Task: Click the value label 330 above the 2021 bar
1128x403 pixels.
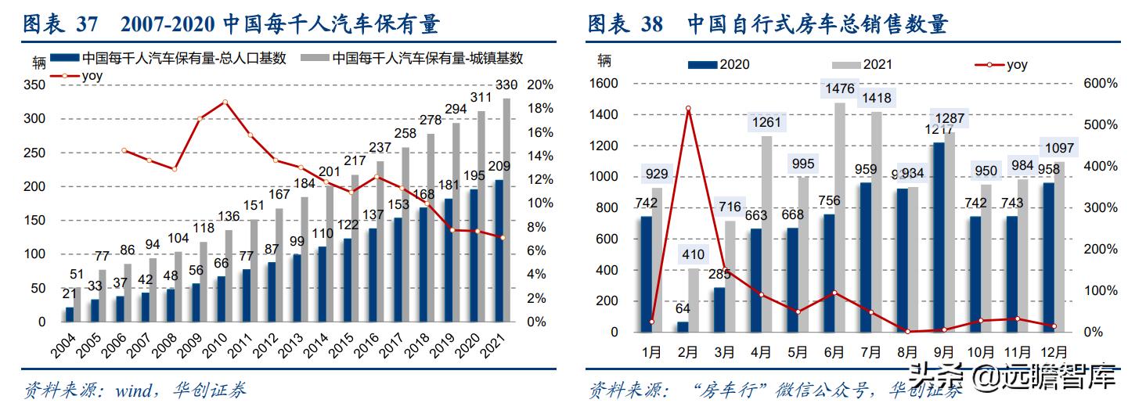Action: (506, 85)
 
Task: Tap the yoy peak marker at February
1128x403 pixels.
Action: (688, 109)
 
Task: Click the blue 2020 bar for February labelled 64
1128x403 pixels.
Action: (683, 327)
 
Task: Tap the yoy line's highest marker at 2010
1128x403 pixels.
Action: (225, 102)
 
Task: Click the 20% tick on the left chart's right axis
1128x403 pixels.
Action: (539, 85)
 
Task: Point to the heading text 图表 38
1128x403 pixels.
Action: (625, 23)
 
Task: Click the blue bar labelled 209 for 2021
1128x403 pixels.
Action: (499, 250)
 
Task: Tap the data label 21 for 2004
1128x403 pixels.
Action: (69, 293)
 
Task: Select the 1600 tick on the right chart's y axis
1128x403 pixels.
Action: (604, 84)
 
